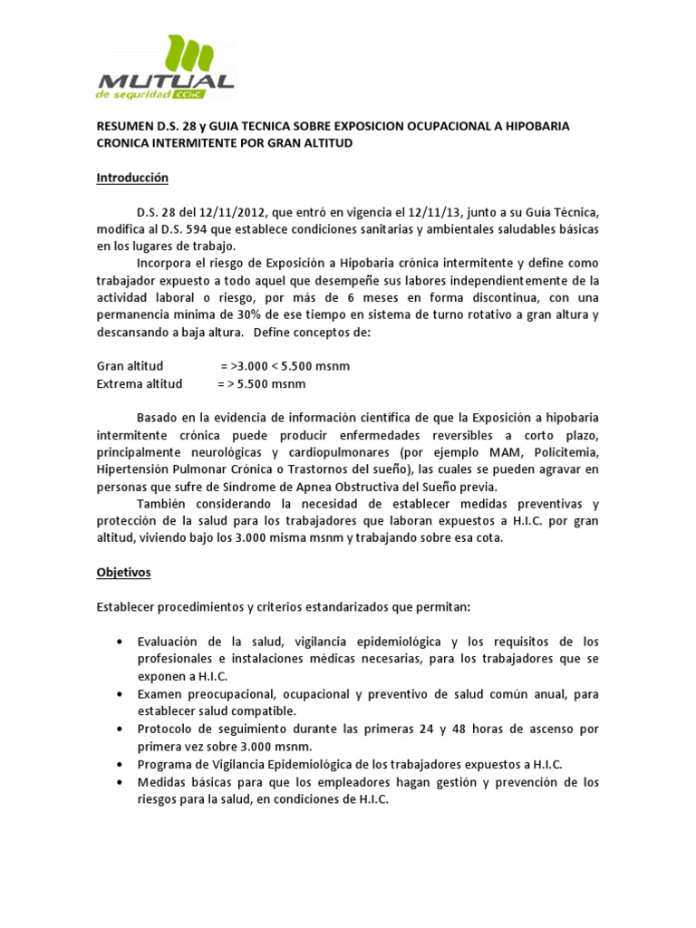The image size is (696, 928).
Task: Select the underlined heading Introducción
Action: pos(133,179)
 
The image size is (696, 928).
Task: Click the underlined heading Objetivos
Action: pos(124,573)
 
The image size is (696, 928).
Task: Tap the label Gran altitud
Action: pos(130,366)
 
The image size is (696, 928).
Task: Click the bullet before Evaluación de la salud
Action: pos(121,642)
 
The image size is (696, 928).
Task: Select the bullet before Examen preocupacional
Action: pos(121,693)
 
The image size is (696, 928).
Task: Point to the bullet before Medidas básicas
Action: pos(121,781)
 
